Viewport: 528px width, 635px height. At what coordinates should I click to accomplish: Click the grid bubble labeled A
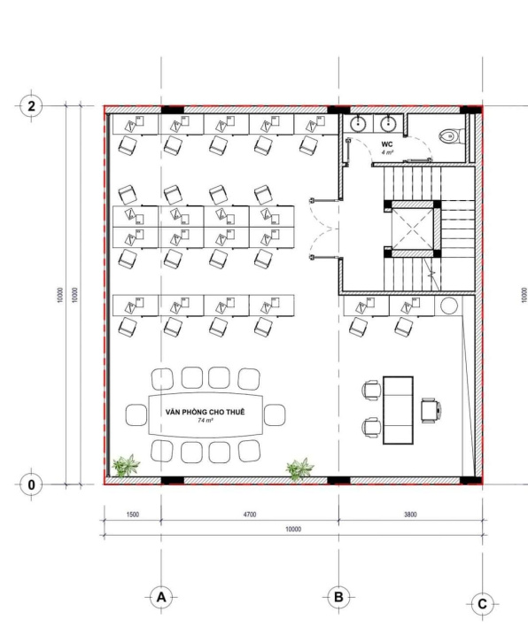[x=161, y=597]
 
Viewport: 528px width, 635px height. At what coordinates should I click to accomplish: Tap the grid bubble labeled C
[x=482, y=604]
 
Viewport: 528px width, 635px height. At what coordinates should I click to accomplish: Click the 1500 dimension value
[x=132, y=514]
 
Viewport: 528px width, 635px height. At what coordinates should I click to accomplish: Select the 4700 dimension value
[x=250, y=514]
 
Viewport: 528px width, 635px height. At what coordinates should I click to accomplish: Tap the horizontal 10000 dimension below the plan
[x=292, y=529]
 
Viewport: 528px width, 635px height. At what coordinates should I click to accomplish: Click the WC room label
[x=386, y=143]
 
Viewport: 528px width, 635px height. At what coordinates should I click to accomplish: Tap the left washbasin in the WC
[x=358, y=124]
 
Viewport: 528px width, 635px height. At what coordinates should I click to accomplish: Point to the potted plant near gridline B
[x=299, y=467]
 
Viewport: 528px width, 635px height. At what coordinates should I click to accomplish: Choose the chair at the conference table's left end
[x=136, y=414]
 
